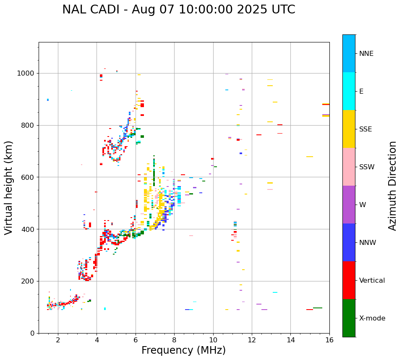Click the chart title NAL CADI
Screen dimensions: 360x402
(178, 10)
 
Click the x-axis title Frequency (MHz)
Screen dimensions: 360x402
(183, 350)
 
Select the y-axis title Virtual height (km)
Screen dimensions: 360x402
(9, 188)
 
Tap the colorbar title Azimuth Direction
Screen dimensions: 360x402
(392, 186)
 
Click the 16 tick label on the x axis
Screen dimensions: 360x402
(329, 340)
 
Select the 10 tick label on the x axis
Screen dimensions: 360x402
(213, 340)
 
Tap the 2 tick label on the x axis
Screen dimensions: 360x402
(58, 340)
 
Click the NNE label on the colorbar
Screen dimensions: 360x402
(366, 54)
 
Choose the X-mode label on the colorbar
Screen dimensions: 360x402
(372, 318)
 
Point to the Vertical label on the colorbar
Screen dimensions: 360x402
(372, 281)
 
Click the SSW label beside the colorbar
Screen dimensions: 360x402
(366, 167)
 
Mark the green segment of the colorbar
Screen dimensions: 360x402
(349, 318)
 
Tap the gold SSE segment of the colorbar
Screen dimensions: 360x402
(349, 129)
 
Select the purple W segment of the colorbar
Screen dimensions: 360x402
(349, 205)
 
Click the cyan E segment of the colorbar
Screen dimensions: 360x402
(349, 91)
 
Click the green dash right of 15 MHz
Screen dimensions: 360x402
(318, 308)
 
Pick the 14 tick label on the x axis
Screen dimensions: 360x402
(291, 340)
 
